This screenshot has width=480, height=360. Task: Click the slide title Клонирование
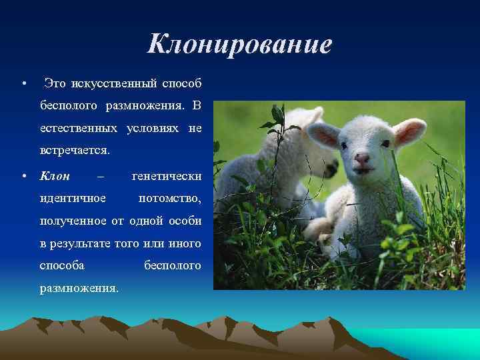[239, 45]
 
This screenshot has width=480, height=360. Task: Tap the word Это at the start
[55, 83]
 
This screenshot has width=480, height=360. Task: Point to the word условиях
[149, 127]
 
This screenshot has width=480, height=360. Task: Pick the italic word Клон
[55, 176]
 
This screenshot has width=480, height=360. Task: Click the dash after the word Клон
[101, 176]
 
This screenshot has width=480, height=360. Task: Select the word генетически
[167, 176]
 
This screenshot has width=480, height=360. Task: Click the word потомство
[169, 198]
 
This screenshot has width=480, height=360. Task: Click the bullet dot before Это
[24, 84]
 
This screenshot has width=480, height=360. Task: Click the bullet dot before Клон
[24, 177]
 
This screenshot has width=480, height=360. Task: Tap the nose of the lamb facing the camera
[361, 159]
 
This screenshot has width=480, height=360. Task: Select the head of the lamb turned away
[293, 133]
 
